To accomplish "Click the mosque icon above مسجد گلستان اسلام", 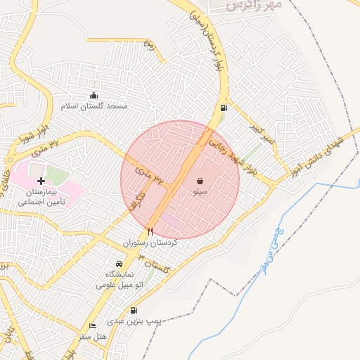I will [x=94, y=96].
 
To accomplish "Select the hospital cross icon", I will [x=41, y=181].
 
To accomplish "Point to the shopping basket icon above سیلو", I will [x=200, y=181].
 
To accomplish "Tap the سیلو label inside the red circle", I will [x=200, y=191].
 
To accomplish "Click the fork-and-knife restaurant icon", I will [x=150, y=231].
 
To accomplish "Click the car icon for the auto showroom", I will [x=119, y=264].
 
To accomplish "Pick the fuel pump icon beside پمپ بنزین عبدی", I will [x=134, y=310].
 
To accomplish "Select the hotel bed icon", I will [x=92, y=326].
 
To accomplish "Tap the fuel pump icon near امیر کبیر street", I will [x=224, y=108].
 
